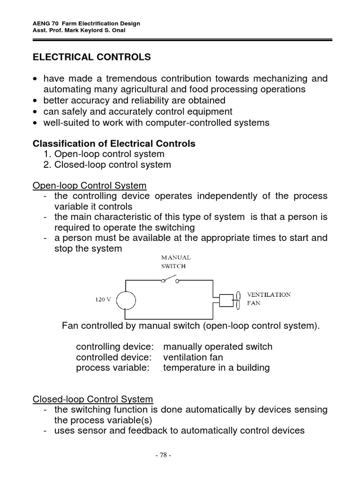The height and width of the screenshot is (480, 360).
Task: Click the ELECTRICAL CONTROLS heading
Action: [91, 57]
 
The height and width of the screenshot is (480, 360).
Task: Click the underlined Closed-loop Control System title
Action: [93, 399]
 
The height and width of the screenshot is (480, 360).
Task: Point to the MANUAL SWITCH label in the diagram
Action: [176, 261]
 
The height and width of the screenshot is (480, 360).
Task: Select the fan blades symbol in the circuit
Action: [238, 299]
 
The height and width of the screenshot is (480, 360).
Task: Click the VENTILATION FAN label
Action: [269, 299]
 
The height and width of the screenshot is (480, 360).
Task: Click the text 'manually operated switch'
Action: [217, 347]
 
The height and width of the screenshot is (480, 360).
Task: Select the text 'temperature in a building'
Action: [216, 368]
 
